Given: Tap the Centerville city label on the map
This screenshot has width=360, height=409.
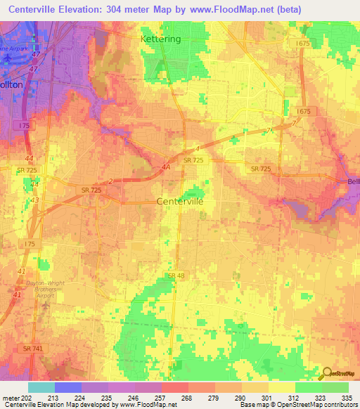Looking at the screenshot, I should [179, 201].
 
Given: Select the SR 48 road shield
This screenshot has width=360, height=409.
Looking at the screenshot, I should [176, 275].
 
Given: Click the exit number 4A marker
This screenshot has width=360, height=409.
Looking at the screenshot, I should [165, 167].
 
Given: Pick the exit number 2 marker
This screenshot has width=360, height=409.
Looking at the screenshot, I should [110, 181].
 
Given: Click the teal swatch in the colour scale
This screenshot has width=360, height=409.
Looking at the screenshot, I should [41, 387].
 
